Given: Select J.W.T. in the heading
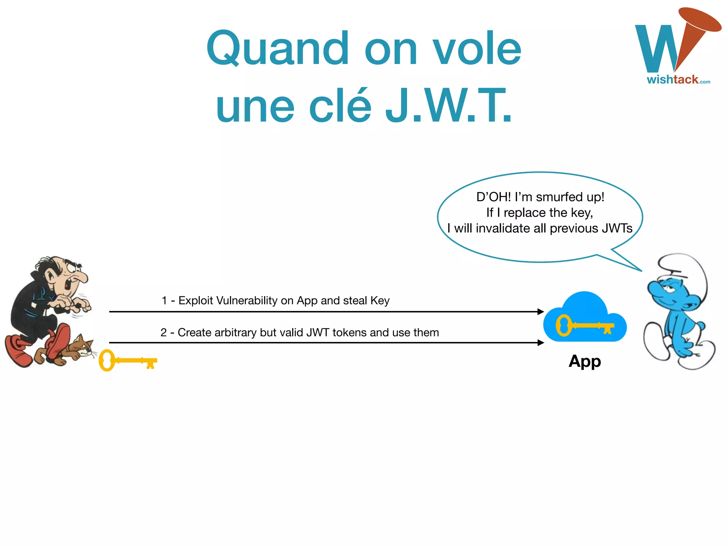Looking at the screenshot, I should tap(449, 106).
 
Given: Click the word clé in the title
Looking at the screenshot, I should tap(340, 106).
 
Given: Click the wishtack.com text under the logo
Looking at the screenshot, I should tap(678, 79).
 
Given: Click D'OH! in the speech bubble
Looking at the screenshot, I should tap(493, 197).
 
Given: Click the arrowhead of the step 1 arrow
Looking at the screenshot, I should tap(541, 312).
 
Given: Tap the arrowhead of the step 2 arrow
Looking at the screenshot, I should tap(541, 343).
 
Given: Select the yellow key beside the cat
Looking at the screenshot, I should tap(127, 360).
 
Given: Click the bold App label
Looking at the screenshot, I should tap(585, 361).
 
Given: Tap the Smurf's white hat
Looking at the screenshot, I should tap(684, 268).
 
